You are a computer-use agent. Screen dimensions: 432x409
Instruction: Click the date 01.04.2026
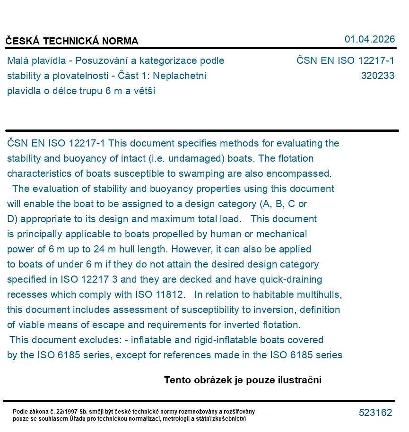coord(369,39)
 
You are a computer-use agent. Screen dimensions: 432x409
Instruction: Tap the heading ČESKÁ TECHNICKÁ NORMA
coord(72,41)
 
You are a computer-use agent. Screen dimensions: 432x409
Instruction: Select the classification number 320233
coord(377,76)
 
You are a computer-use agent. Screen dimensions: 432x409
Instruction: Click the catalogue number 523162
coord(375,413)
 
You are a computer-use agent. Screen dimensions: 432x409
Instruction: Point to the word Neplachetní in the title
coord(180,76)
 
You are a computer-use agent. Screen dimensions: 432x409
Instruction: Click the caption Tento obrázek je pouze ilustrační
coord(243,380)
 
